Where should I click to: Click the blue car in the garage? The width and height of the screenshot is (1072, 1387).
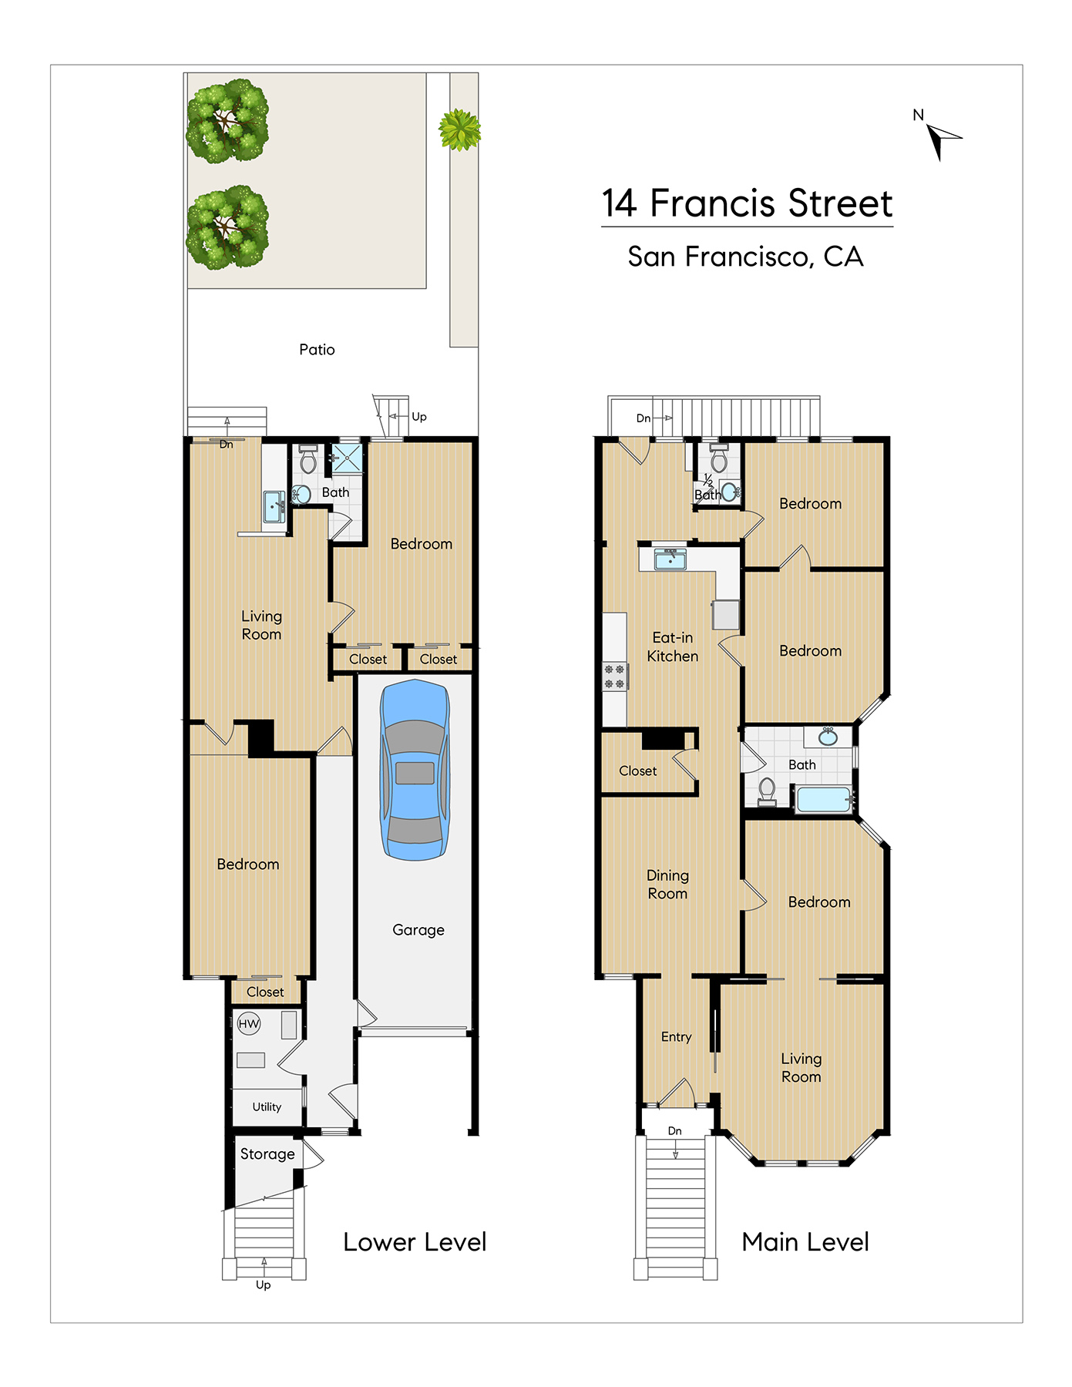(x=415, y=770)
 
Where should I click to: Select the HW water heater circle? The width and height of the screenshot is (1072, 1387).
(x=249, y=1024)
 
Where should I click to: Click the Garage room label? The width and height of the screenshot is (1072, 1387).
(x=418, y=930)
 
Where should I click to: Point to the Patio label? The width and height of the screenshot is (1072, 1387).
(x=317, y=350)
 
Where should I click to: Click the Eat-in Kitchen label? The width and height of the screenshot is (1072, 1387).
(x=673, y=647)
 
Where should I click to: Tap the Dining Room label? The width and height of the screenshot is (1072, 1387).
(x=667, y=885)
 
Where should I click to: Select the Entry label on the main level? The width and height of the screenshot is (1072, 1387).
(x=677, y=1037)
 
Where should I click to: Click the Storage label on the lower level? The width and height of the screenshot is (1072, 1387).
(x=267, y=1154)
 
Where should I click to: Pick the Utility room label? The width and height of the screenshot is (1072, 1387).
(x=267, y=1107)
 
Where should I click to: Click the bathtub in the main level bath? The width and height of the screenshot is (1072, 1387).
(x=823, y=799)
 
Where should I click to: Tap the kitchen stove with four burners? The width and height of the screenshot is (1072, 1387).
(x=615, y=677)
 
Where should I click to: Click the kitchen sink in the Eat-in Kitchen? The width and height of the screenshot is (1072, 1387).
(x=670, y=559)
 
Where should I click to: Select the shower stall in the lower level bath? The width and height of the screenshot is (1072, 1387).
(x=348, y=458)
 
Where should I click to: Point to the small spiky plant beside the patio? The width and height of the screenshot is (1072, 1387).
(x=460, y=129)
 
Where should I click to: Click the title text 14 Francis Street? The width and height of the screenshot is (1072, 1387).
(x=747, y=203)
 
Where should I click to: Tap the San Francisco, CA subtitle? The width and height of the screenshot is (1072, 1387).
(x=745, y=257)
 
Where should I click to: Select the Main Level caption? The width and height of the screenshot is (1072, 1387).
(x=805, y=1242)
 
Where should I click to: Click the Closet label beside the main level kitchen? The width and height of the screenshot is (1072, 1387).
(x=638, y=771)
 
